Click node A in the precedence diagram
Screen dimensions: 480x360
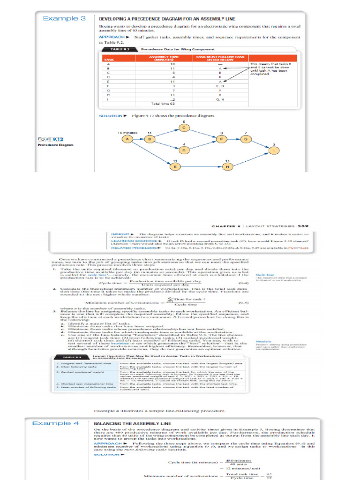tap(127, 139)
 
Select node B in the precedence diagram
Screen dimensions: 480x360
tap(150, 139)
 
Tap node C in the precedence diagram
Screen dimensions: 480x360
tap(184, 127)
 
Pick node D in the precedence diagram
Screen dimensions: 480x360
tap(184, 150)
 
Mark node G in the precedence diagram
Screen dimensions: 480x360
tap(245, 139)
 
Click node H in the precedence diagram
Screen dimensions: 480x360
tap(227, 166)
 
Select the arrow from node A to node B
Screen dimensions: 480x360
tap(138, 139)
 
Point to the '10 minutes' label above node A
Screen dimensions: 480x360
tap(126, 133)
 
